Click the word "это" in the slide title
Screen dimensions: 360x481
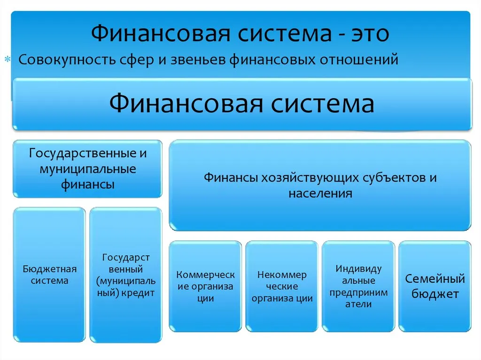pos(370,34)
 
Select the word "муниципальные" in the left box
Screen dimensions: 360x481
pos(88,169)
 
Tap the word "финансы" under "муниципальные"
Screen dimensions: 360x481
pos(88,184)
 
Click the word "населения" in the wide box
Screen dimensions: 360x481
pos(320,193)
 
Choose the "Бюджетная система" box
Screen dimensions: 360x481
pos(50,275)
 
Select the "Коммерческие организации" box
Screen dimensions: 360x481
pos(205,286)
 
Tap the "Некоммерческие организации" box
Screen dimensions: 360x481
pos(282,286)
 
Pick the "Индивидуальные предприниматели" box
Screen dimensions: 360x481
pos(358,286)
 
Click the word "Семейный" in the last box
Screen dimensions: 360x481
pos(435,280)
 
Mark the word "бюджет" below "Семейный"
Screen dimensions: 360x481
pos(435,295)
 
